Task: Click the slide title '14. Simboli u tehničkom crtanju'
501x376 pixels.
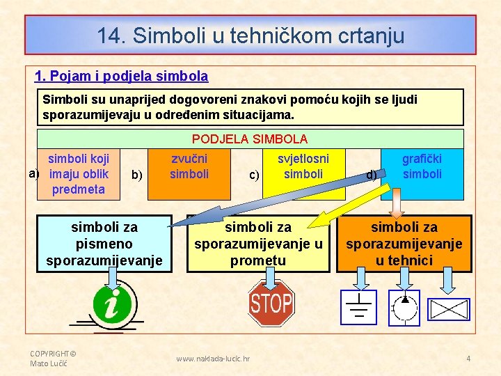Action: point(250,36)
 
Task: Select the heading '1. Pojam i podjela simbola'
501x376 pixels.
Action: point(122,75)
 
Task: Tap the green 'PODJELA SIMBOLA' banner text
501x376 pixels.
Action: point(249,139)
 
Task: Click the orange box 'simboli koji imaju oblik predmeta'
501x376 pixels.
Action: point(78,174)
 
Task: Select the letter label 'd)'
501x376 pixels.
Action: point(372,175)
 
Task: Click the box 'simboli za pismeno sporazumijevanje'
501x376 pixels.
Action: point(104,244)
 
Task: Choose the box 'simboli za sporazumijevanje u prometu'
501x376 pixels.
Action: point(258,244)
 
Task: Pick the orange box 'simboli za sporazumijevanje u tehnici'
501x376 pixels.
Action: point(404,244)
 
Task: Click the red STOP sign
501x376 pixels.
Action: point(271,304)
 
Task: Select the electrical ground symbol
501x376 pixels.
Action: point(358,307)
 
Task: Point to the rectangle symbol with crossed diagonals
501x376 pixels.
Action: point(448,309)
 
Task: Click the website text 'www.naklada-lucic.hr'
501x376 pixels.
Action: point(213,359)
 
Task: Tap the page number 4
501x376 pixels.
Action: point(468,359)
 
